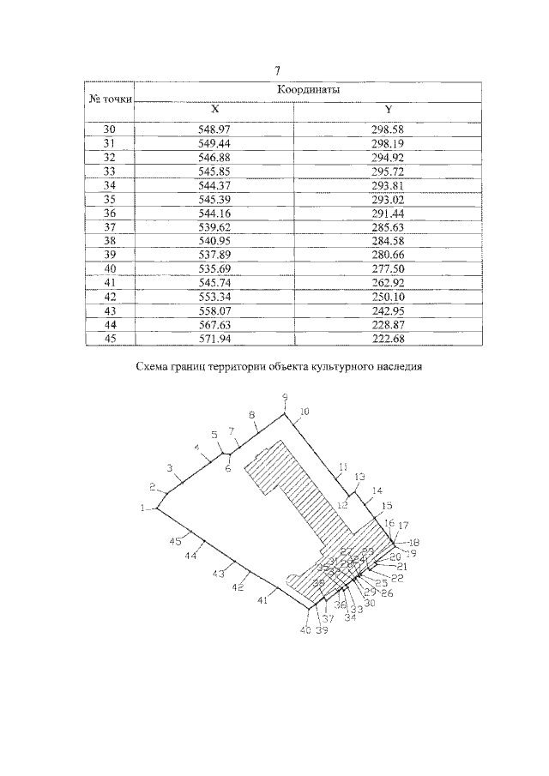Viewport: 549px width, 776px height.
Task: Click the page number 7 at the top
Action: (x=277, y=71)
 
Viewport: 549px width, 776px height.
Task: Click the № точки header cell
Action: (x=111, y=99)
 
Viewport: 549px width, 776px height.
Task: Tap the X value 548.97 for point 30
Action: (x=215, y=129)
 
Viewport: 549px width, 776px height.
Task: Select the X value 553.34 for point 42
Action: (x=215, y=296)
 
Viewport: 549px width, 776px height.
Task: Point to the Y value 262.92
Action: (x=388, y=282)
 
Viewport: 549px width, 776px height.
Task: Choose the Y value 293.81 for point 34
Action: (x=388, y=185)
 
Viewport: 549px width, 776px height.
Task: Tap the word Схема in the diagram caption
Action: (x=155, y=368)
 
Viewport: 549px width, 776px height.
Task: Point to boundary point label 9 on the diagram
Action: (x=285, y=397)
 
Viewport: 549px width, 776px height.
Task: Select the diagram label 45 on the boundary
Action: (x=175, y=541)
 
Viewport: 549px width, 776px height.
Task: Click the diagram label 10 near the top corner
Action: (x=304, y=412)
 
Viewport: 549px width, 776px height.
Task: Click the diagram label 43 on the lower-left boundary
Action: (x=218, y=573)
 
